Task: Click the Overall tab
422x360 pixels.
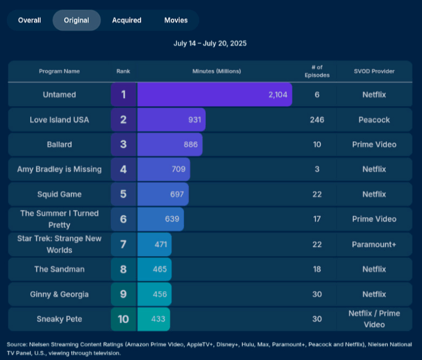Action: [x=30, y=20]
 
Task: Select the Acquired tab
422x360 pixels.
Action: [x=126, y=20]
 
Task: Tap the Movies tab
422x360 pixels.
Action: [x=176, y=20]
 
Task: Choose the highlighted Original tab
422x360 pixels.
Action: [x=76, y=20]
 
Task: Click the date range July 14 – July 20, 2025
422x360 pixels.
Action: [x=210, y=43]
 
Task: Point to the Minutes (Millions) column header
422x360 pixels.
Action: [x=216, y=71]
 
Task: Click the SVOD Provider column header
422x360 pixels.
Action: [x=374, y=71]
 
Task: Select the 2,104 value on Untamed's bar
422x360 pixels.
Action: [x=277, y=95]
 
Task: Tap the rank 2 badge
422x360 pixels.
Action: [x=124, y=120]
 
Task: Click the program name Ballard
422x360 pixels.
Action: [x=59, y=145]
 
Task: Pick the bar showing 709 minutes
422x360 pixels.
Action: [x=164, y=169]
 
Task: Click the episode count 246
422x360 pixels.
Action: [x=317, y=120]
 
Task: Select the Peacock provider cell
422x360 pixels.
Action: [x=374, y=120]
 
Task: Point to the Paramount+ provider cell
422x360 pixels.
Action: [x=374, y=244]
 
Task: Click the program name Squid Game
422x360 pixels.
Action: [x=59, y=194]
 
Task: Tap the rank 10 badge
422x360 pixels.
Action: [x=124, y=319]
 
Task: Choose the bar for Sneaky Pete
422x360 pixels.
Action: [x=154, y=319]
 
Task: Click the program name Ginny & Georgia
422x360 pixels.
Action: [x=59, y=294]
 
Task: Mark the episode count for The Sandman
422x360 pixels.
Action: [x=317, y=269]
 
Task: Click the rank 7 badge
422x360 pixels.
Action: [x=124, y=244]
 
